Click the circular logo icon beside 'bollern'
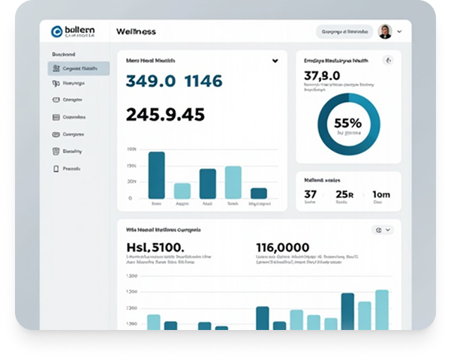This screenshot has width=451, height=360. click(57, 31)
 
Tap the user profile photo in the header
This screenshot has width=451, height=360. click(385, 31)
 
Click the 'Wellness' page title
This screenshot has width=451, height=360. click(136, 31)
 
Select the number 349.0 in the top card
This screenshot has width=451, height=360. click(150, 81)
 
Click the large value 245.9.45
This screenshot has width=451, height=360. click(165, 114)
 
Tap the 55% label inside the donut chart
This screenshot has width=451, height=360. click(347, 123)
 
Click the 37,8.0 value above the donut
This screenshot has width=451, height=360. click(322, 76)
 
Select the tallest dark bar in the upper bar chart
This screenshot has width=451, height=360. click(156, 175)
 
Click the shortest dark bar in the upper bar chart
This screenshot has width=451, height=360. click(259, 193)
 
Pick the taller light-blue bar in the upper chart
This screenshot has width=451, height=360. click(233, 182)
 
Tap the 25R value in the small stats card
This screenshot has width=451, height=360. click(344, 194)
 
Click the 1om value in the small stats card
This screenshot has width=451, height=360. click(381, 194)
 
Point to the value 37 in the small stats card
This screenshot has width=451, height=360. click(310, 194)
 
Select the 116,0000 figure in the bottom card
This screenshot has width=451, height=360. click(282, 247)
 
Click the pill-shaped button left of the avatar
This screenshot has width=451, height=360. click(344, 31)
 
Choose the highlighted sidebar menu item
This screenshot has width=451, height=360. click(79, 68)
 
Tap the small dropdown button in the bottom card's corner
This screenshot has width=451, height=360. click(382, 230)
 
